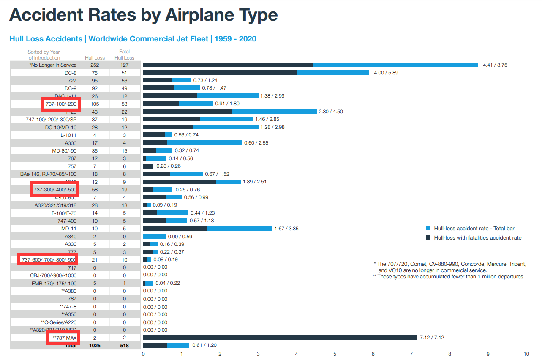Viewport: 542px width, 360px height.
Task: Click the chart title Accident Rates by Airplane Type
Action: [x=144, y=16]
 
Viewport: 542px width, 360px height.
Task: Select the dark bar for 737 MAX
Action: [x=280, y=338]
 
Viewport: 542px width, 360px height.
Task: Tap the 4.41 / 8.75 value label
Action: [x=495, y=65]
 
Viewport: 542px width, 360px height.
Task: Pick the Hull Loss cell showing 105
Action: [x=95, y=104]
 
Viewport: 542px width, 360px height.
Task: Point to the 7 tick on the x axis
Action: [x=411, y=354]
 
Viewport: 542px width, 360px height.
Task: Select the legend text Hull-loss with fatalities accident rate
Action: [x=477, y=238]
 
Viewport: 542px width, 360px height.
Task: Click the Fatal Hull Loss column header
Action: [x=124, y=55]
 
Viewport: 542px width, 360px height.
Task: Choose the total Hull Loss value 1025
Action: [x=95, y=346]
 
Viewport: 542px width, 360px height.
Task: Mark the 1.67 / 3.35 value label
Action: [x=286, y=229]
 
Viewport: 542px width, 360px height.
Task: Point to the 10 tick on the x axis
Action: [x=526, y=354]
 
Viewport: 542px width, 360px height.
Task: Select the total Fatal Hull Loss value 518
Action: [x=124, y=346]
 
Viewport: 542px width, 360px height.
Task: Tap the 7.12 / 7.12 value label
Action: [x=431, y=338]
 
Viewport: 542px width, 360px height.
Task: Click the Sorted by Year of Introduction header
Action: [x=44, y=55]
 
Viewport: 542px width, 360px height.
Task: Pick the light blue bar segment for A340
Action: [x=155, y=237]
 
